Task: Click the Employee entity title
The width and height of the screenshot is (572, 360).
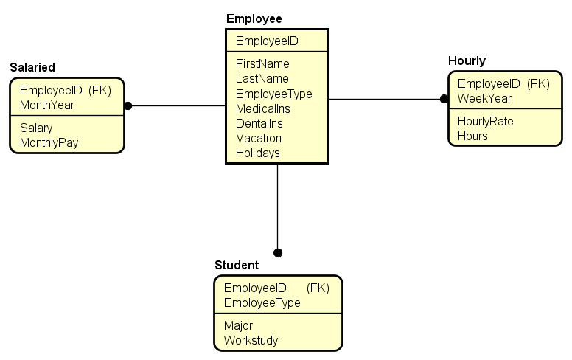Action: (254, 18)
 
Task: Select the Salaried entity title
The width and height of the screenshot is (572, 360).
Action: (32, 67)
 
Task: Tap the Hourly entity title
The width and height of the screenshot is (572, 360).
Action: (467, 60)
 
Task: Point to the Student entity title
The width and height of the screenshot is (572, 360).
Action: (237, 265)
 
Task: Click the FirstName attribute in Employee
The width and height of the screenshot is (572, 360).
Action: (262, 64)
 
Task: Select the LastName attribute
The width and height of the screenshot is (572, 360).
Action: (262, 79)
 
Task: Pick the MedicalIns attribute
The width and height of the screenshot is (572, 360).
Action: (263, 108)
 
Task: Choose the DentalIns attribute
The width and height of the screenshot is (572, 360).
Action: (259, 123)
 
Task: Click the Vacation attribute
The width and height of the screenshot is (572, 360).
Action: (258, 138)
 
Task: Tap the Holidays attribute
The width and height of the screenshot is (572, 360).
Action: (257, 153)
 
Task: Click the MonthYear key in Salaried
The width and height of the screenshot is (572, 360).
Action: (47, 105)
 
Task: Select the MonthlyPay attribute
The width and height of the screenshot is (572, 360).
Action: (49, 142)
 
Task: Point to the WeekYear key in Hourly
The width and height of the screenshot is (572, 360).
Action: (484, 98)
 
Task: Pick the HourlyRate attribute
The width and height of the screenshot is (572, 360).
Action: (485, 121)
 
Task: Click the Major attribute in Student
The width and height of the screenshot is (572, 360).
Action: (238, 325)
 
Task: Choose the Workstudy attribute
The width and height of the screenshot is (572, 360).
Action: (251, 340)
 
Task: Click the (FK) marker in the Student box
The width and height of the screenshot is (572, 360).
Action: (318, 288)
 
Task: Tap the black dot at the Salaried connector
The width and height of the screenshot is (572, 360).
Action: (128, 105)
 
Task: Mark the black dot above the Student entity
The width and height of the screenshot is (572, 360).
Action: (278, 253)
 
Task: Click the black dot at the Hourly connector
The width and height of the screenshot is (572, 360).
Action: (444, 99)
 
